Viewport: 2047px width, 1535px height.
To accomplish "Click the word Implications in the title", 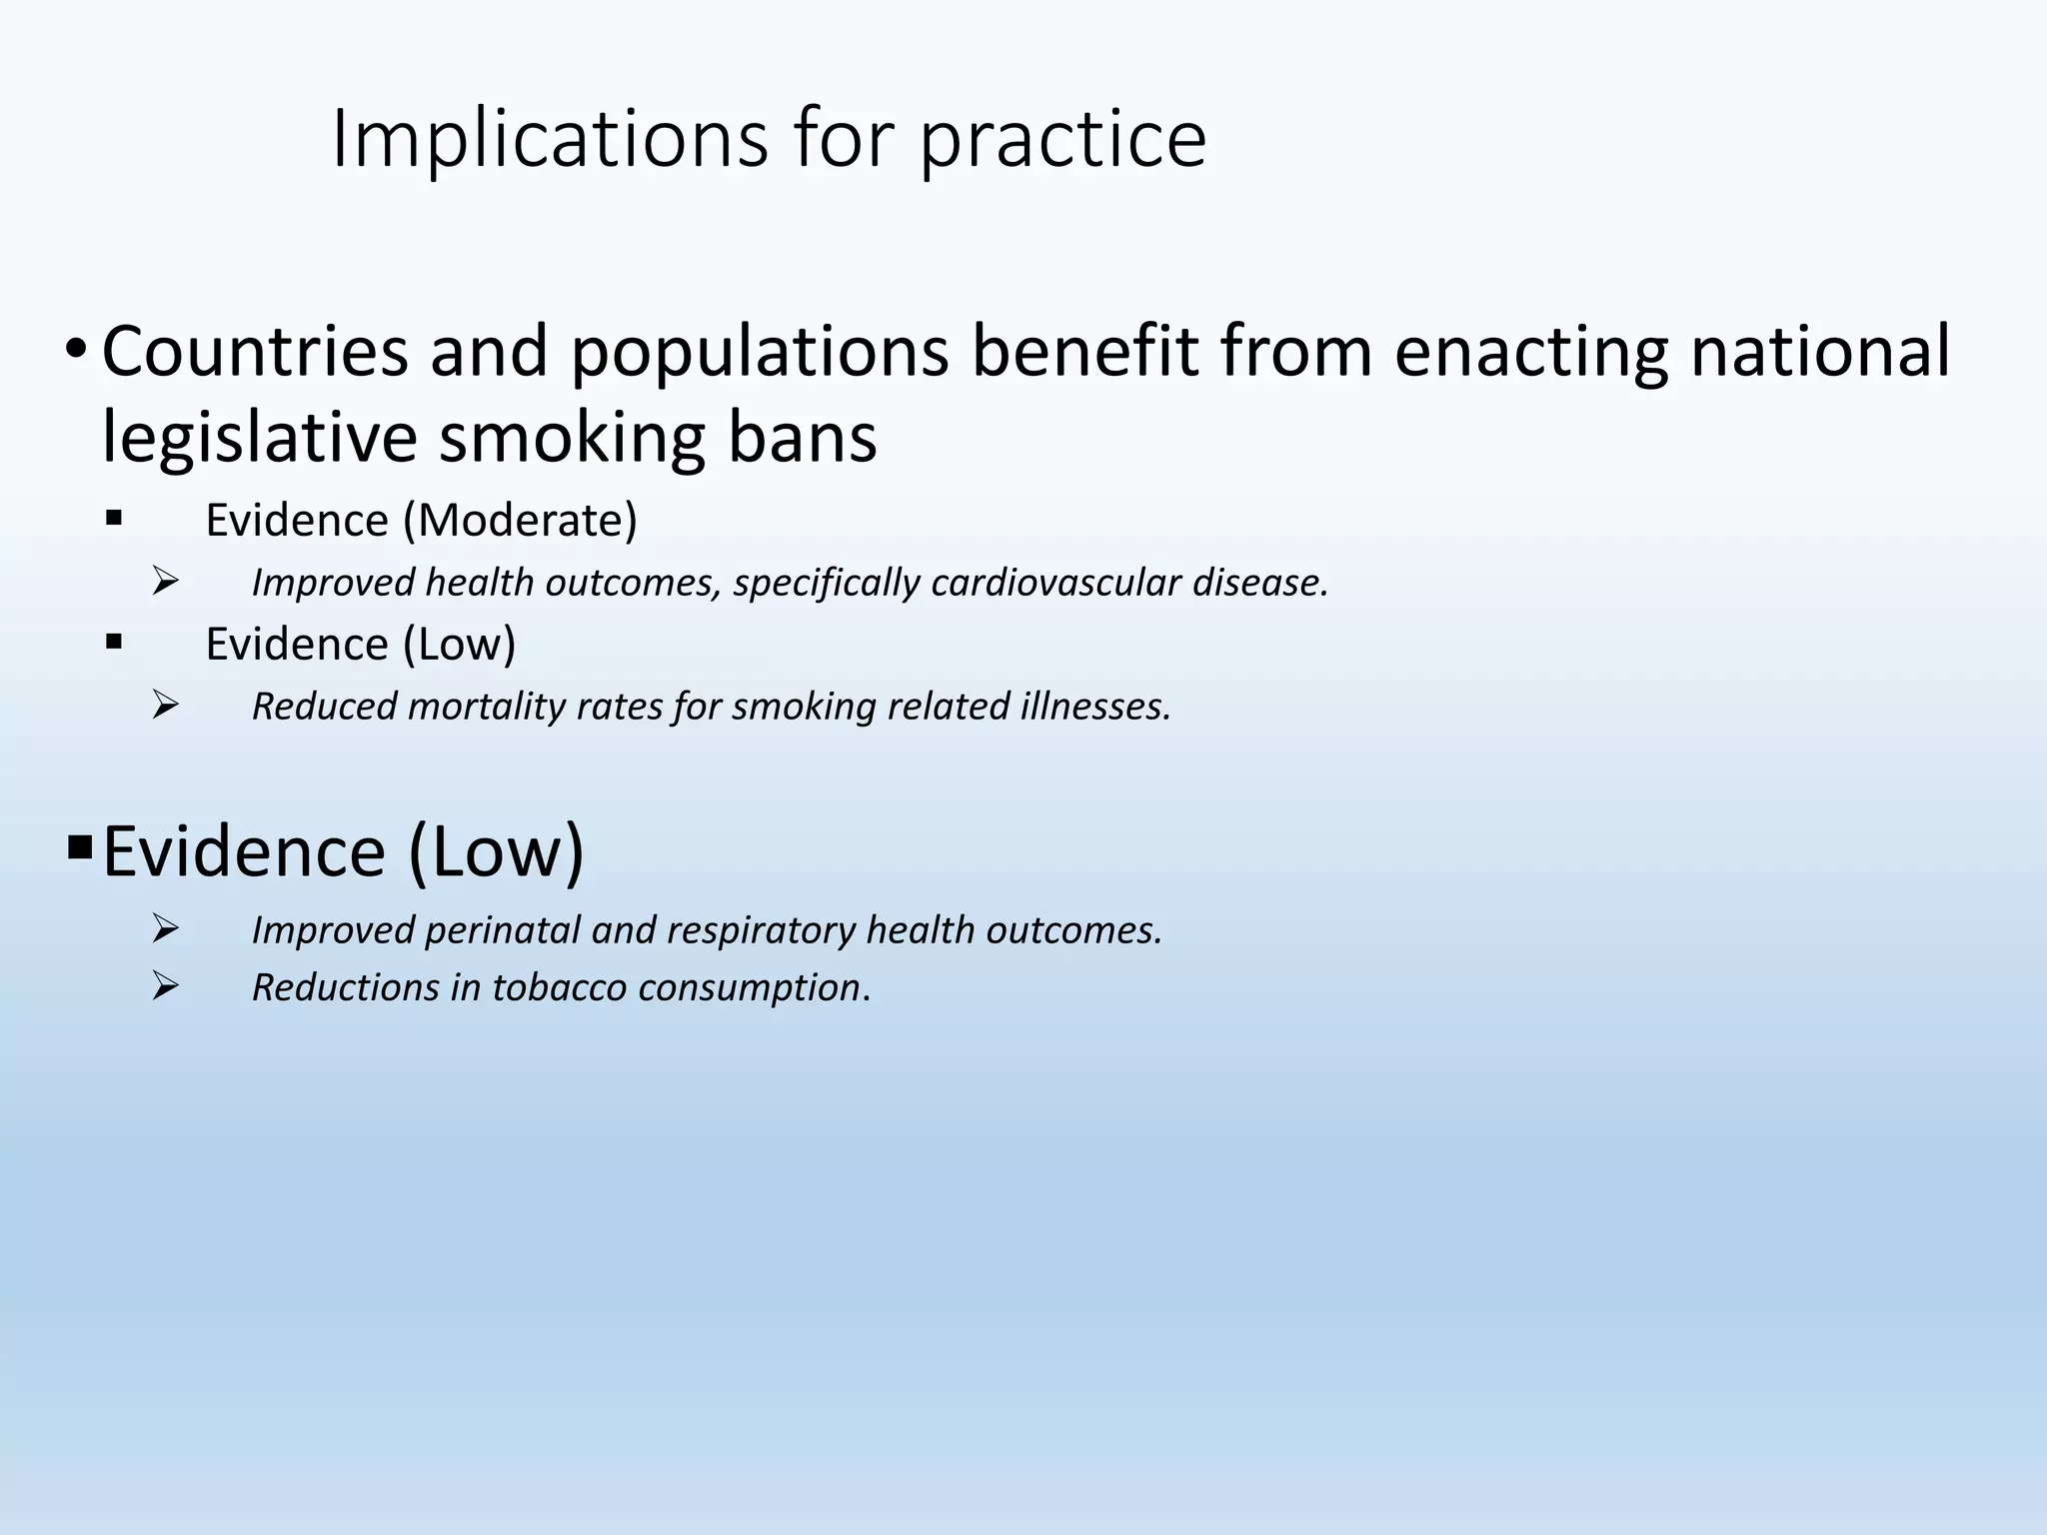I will (549, 140).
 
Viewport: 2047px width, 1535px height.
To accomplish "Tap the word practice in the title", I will (1062, 140).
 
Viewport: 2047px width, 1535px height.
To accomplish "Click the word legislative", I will (259, 439).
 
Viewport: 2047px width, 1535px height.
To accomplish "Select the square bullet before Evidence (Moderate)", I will (113, 518).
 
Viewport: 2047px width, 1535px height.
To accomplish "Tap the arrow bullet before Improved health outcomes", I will (165, 581).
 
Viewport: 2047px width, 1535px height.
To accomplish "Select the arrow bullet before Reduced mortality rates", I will (165, 705).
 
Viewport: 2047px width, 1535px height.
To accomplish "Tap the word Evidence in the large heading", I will (244, 851).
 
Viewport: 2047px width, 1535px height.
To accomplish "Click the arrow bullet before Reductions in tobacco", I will (165, 986).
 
